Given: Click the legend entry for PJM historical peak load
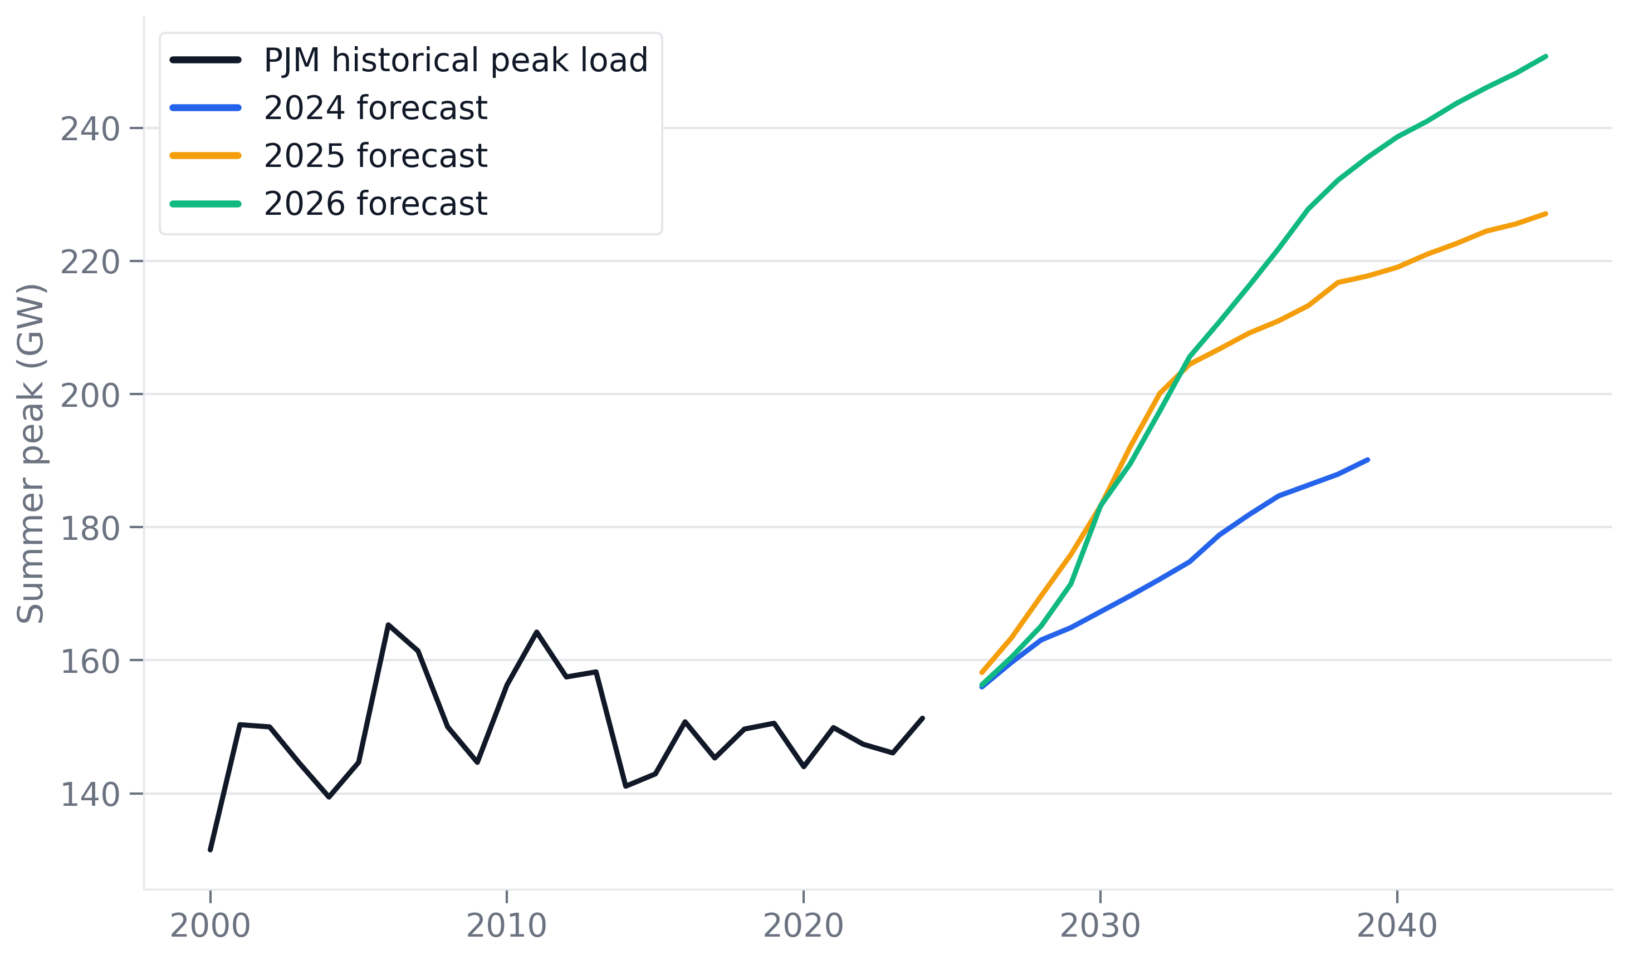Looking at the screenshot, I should [x=455, y=60].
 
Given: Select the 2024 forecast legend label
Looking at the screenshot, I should [x=375, y=108].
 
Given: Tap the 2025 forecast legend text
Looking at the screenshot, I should [x=375, y=156].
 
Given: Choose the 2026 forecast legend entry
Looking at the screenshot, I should [x=375, y=204].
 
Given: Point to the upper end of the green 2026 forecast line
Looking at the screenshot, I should [x=1545, y=57].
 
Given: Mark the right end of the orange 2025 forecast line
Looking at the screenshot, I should [x=1545, y=214].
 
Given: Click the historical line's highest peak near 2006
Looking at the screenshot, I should [x=388, y=625].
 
